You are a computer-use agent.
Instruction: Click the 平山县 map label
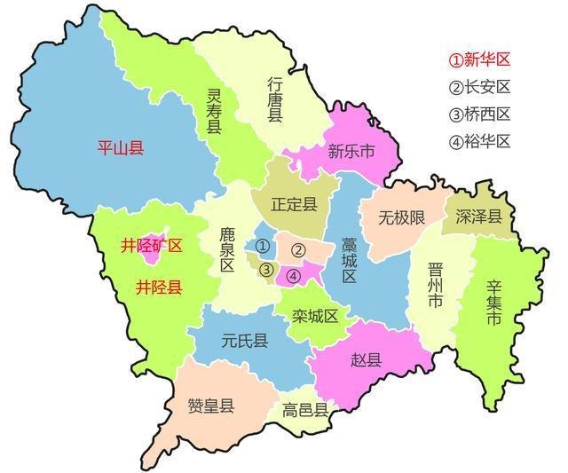(121, 147)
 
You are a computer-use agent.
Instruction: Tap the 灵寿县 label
(215, 111)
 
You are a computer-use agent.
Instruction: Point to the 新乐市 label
(351, 151)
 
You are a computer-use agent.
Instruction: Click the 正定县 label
(295, 205)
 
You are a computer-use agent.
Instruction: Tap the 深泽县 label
(479, 217)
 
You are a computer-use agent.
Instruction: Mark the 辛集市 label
(494, 303)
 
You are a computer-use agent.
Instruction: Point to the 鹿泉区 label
(227, 251)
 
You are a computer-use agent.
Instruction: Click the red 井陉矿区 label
(152, 246)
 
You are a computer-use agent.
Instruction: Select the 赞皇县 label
(211, 406)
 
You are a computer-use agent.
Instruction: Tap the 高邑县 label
(305, 410)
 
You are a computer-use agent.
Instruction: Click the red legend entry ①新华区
(479, 59)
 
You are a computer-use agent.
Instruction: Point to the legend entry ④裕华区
(479, 140)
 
